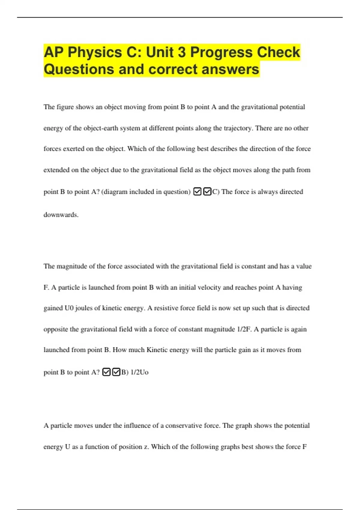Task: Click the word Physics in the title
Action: coord(94,52)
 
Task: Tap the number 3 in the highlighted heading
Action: coord(182,52)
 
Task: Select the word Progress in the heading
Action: coord(221,52)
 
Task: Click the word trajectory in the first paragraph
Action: coord(238,128)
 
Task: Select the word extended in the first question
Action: coord(56,170)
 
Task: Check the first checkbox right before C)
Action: coord(197,191)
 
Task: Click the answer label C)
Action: coord(216,192)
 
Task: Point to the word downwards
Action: coord(61,215)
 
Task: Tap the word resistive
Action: coord(165,308)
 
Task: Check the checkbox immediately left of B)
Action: coord(116,372)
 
